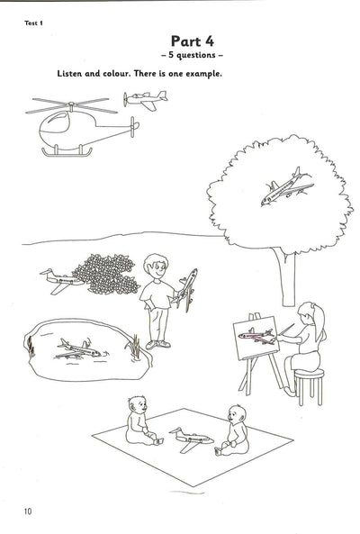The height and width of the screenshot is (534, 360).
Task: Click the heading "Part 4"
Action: point(193,41)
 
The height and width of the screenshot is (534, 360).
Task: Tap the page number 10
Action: point(28,511)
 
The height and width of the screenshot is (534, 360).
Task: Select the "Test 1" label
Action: point(33,23)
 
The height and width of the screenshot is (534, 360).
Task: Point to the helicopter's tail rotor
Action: point(133,127)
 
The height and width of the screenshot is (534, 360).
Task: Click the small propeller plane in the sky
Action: point(145,100)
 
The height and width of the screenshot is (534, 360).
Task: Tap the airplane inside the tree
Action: point(287,186)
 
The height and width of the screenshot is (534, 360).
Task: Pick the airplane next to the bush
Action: point(61,281)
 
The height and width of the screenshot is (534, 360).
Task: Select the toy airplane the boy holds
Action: point(185,289)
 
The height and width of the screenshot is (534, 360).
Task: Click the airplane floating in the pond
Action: point(79,349)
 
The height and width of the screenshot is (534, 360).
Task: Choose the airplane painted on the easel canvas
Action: point(256,336)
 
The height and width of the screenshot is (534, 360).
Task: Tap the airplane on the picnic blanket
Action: point(191,439)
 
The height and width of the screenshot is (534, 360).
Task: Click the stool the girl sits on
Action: point(309,386)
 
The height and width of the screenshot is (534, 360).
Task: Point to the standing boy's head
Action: point(156,267)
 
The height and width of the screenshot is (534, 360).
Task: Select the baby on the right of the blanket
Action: point(234,430)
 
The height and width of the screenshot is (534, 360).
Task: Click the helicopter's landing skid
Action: point(67,152)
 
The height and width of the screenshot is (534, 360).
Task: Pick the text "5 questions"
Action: point(193,55)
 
